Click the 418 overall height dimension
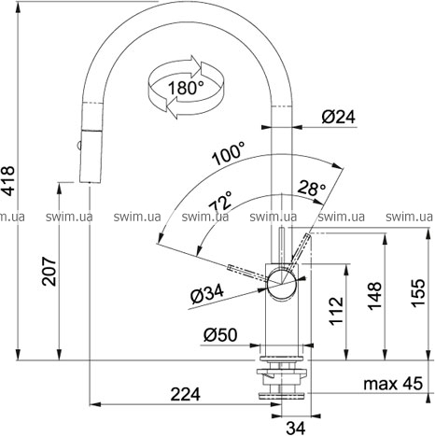[7, 180]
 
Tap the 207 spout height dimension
[49, 271]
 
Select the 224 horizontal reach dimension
[186, 394]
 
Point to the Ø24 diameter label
[339, 117]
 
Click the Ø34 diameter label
[207, 294]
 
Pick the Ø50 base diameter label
[220, 335]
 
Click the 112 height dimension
[336, 311]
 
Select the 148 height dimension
[375, 296]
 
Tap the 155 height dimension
[418, 293]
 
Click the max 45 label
[393, 383]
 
